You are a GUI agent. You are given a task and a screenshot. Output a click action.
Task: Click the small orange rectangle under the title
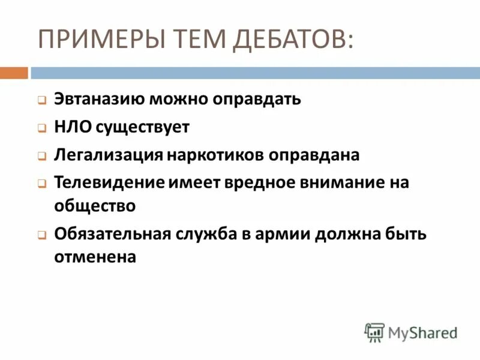14,73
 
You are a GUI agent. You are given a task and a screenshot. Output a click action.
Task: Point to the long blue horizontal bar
255,73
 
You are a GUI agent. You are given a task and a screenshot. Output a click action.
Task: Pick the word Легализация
109,154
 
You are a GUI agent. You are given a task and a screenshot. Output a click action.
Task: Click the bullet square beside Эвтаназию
41,100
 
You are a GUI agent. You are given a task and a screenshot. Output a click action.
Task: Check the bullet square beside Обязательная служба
41,235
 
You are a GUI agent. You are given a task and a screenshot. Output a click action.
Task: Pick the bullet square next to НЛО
41,128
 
